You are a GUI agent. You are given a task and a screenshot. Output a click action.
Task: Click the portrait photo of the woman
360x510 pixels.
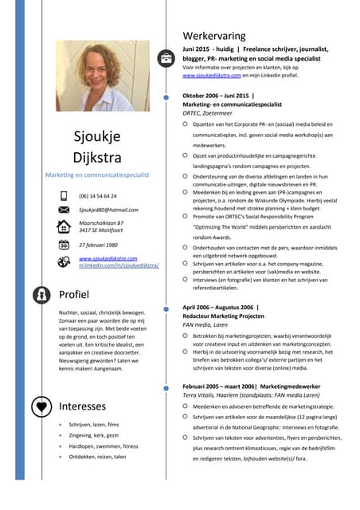tap(92, 76)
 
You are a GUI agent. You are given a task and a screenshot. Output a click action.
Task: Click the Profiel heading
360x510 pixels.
tap(75, 295)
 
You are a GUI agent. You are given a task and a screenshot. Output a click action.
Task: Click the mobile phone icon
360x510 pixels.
tap(64, 195)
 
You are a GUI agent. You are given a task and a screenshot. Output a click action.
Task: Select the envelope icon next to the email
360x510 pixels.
tap(64, 209)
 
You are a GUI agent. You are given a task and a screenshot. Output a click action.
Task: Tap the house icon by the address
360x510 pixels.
tap(64, 226)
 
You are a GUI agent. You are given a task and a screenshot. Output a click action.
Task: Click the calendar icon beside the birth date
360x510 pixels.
tap(64, 245)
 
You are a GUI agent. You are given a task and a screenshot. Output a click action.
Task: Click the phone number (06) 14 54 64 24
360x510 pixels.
tap(97, 195)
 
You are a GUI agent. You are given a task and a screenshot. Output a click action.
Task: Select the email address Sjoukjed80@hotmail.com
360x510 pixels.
tap(108, 210)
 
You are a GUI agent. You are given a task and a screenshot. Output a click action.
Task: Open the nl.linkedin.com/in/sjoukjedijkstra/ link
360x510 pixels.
tap(119, 265)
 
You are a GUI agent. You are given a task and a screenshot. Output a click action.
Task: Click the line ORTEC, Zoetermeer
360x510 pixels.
tap(212, 113)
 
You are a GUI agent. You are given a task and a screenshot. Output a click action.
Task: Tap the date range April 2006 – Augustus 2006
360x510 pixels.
tap(218, 307)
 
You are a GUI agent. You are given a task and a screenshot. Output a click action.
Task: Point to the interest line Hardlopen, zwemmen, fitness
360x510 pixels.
tap(104, 446)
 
